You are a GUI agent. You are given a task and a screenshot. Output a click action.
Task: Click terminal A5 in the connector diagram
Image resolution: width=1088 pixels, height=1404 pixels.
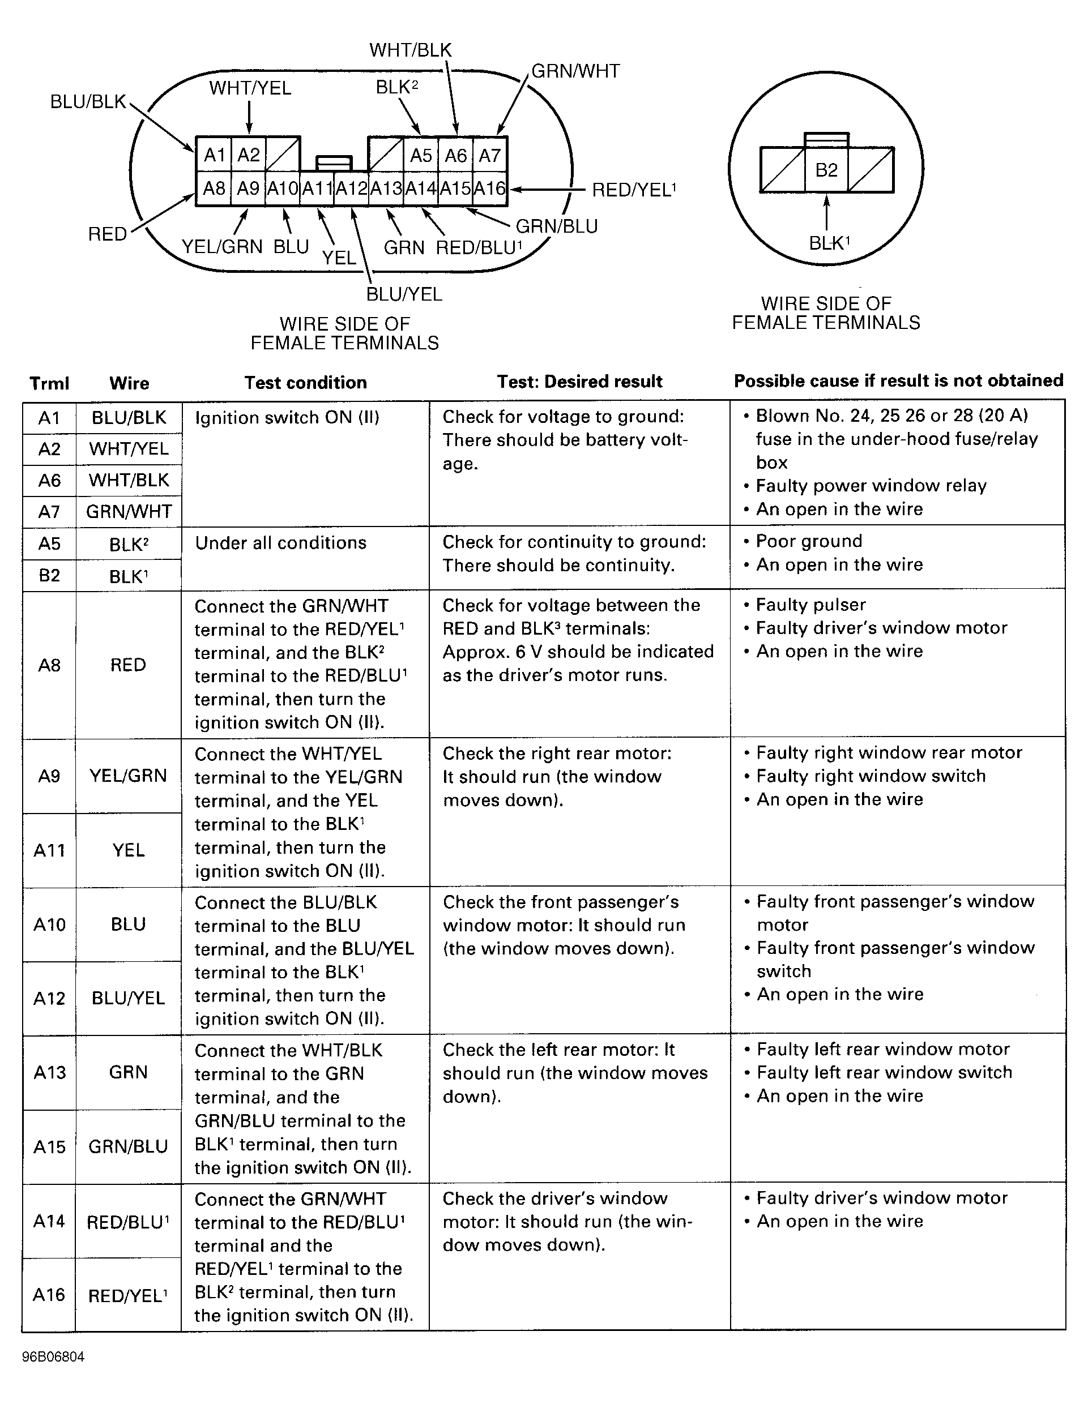click(421, 156)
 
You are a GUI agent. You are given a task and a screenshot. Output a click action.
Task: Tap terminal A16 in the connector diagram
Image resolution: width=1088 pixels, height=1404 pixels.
click(490, 189)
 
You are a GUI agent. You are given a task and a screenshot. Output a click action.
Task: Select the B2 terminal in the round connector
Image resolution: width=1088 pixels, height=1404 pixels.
click(826, 170)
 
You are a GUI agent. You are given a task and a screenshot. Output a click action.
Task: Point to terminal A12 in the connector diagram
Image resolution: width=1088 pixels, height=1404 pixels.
click(351, 189)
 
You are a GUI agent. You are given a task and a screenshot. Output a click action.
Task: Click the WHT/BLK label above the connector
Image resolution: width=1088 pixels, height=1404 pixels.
click(410, 50)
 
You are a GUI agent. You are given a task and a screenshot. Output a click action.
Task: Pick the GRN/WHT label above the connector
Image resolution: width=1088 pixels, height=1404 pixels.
click(575, 71)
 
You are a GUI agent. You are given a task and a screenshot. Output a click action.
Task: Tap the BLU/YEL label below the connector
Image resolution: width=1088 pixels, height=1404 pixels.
click(404, 294)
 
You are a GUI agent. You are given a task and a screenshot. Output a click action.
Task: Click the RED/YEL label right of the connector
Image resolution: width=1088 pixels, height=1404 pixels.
click(633, 190)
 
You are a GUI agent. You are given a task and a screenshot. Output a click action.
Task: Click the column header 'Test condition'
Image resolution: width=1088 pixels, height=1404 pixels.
click(305, 383)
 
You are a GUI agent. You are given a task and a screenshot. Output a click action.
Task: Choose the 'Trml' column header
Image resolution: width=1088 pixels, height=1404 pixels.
click(49, 384)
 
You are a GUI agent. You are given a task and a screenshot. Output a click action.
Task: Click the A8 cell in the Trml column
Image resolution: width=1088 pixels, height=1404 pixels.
click(49, 665)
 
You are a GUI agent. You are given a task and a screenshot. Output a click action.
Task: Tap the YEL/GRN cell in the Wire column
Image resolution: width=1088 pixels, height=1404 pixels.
click(128, 776)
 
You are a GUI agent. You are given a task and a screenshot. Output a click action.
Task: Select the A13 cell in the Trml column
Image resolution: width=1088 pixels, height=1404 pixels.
click(49, 1072)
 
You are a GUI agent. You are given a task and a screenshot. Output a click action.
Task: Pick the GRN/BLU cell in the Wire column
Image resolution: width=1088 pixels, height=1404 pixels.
click(128, 1147)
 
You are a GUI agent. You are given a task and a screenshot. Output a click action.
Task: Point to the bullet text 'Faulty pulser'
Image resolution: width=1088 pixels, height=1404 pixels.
click(810, 605)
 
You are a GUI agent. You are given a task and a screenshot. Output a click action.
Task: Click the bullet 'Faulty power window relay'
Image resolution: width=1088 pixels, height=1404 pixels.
click(871, 486)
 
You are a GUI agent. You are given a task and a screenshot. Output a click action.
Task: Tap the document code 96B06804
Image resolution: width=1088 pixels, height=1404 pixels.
click(53, 1357)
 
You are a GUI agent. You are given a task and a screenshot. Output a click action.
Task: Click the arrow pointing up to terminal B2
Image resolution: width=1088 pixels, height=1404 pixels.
click(826, 213)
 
